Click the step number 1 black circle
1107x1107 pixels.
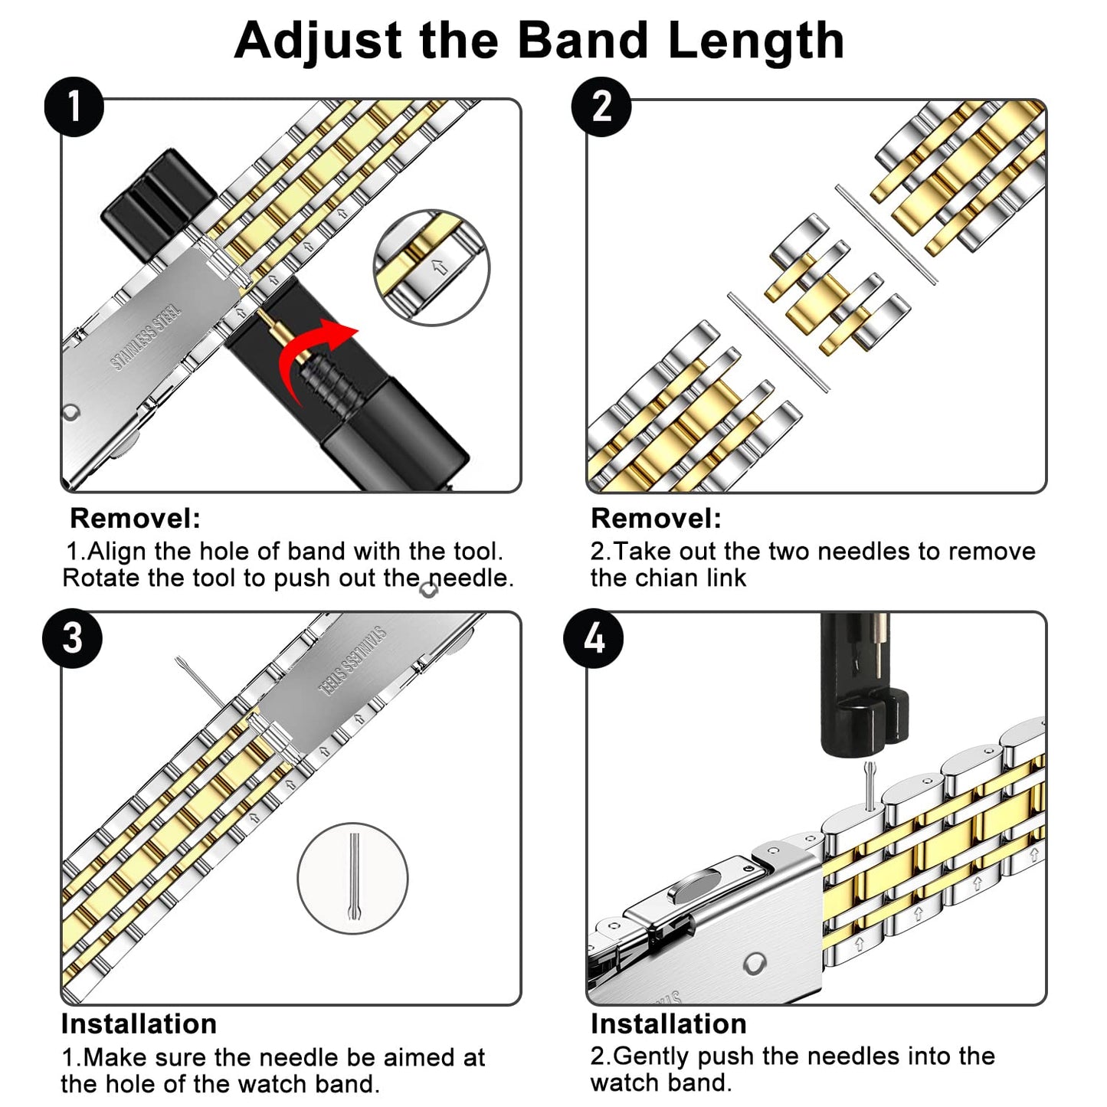(x=74, y=106)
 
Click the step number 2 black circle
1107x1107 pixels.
(x=601, y=106)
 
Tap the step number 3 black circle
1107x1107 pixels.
(x=72, y=638)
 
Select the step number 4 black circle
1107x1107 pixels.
(x=594, y=638)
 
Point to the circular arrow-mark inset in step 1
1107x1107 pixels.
(x=431, y=267)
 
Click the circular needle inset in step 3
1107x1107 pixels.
(x=352, y=878)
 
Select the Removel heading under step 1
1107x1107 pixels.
(x=135, y=519)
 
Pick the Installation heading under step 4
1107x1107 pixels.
(x=668, y=1024)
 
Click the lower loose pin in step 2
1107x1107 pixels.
(x=778, y=342)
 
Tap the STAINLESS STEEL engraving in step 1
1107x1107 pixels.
(x=146, y=337)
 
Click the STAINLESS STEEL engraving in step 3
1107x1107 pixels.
(x=352, y=661)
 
